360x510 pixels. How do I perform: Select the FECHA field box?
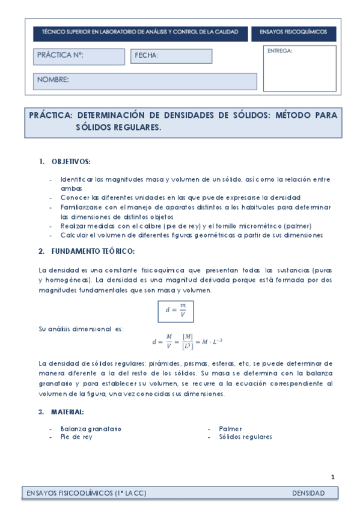click(x=171, y=56)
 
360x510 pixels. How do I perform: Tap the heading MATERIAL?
click(x=67, y=412)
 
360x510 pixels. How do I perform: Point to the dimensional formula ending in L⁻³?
click(x=188, y=342)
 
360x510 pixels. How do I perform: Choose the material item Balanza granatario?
click(x=91, y=429)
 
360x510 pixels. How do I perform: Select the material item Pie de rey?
click(x=76, y=437)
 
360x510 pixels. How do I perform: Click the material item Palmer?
click(x=230, y=429)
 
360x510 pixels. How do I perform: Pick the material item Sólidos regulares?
click(x=245, y=437)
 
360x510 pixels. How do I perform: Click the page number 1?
click(x=332, y=477)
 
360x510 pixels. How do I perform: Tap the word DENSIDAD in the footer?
click(x=308, y=494)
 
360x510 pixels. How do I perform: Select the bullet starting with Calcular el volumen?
click(x=192, y=235)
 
